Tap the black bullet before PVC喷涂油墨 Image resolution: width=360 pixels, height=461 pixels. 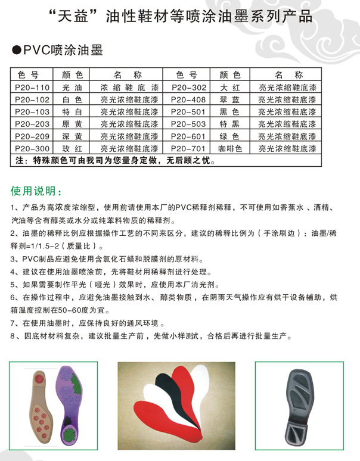pos(17,51)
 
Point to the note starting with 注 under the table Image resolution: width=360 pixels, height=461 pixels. pos(113,160)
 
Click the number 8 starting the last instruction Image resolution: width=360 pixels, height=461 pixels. pos(14,337)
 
